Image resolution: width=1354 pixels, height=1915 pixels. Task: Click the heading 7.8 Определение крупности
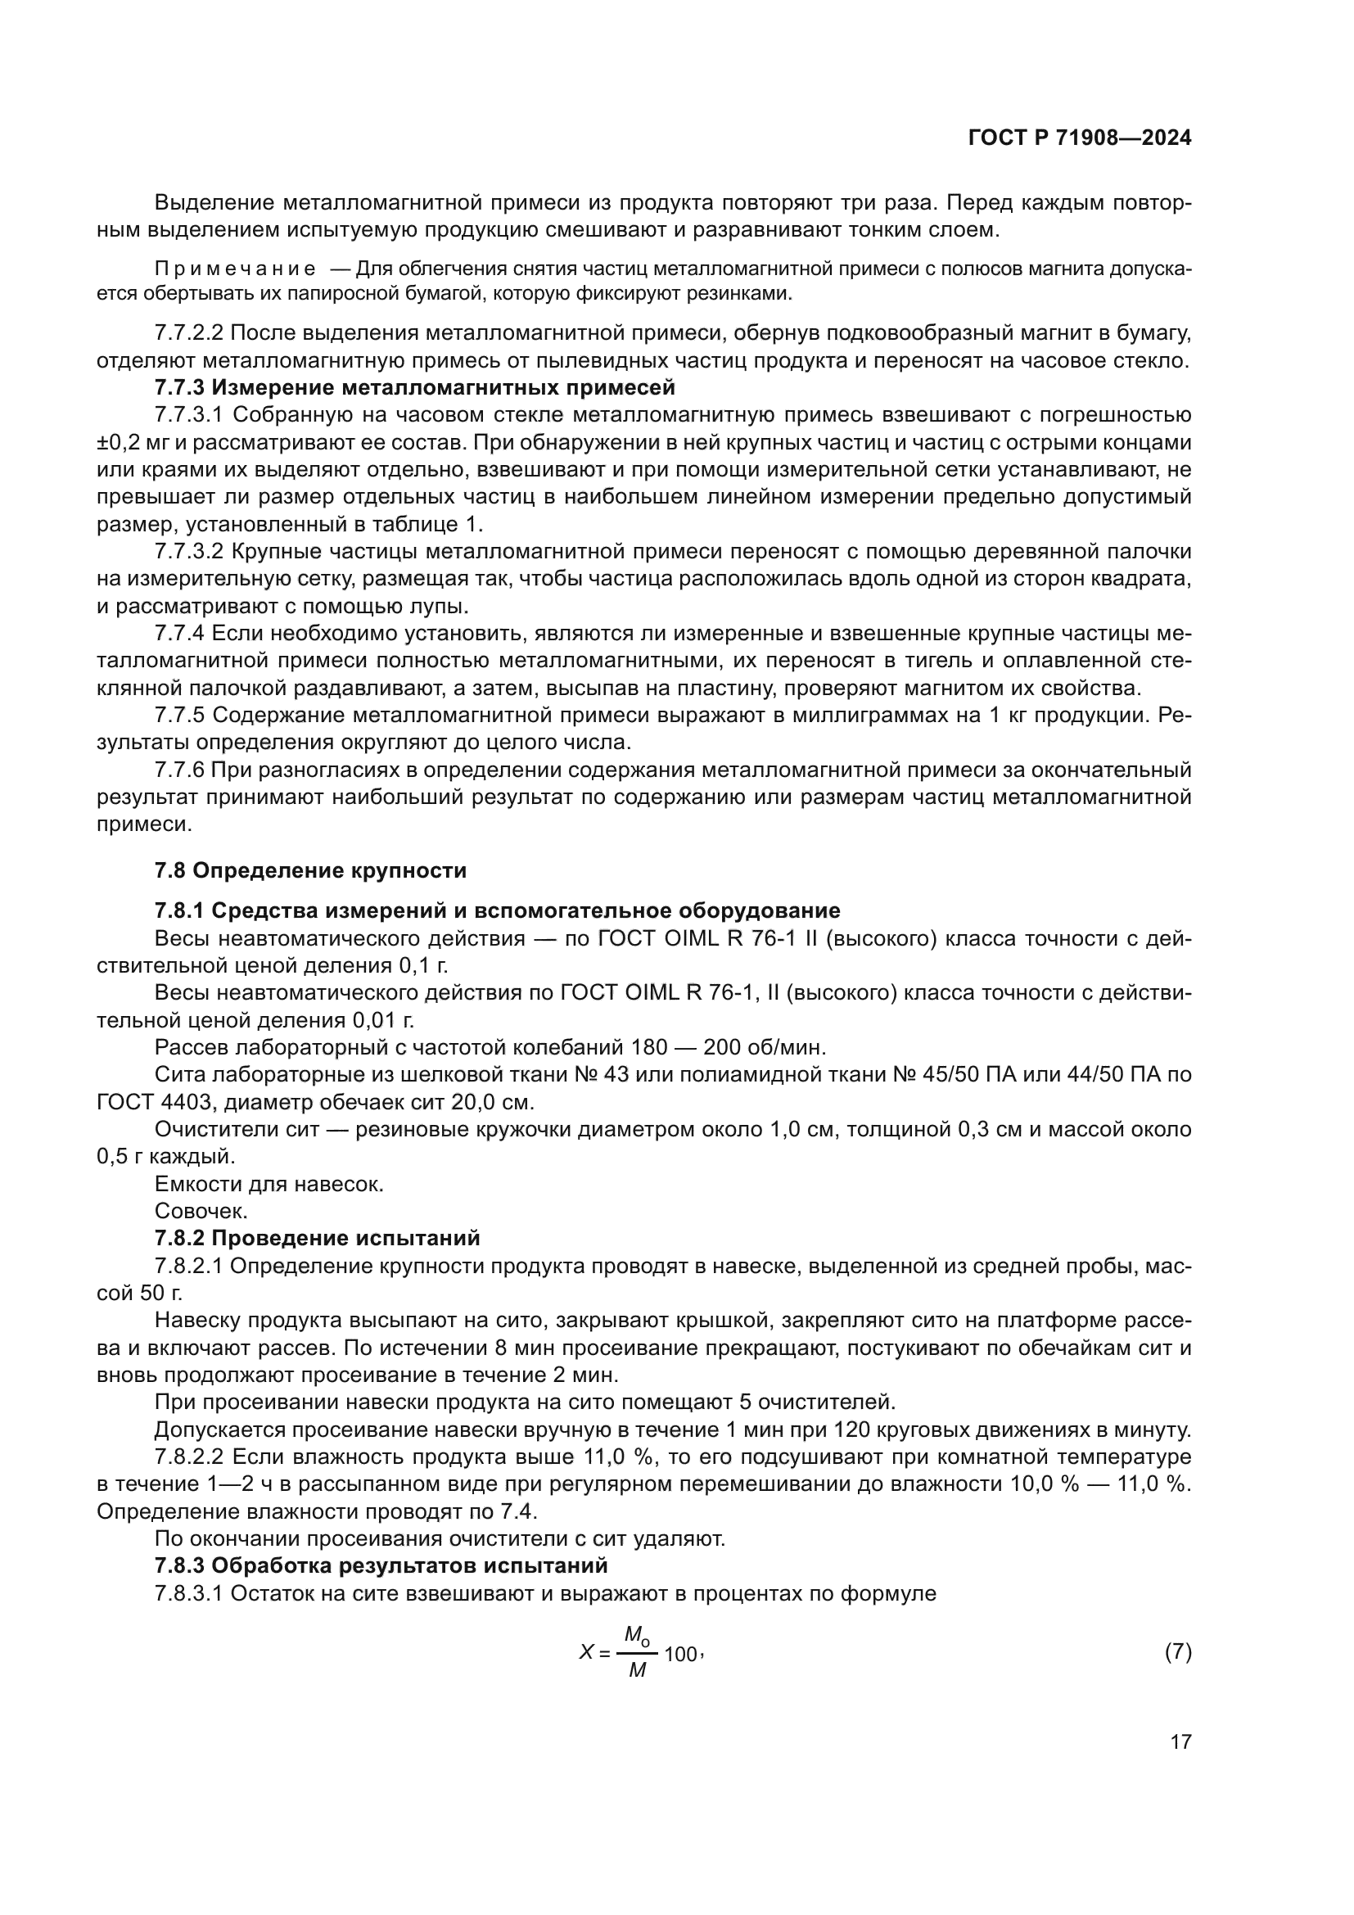(310, 871)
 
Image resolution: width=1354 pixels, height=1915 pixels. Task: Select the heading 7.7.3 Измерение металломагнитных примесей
(414, 388)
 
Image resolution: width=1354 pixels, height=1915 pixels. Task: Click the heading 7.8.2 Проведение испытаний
(317, 1238)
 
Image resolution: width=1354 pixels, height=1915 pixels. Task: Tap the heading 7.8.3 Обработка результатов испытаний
(381, 1565)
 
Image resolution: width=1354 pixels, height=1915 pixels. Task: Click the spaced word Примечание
(235, 269)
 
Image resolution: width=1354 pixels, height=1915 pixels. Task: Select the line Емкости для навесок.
(269, 1184)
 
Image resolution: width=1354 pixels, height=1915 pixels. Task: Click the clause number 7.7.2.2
(188, 333)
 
